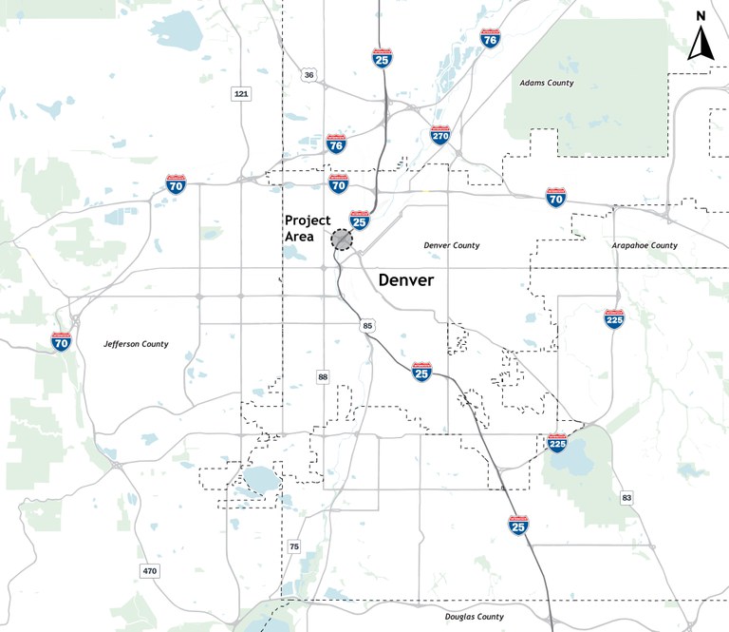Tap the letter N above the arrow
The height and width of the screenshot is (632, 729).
[x=701, y=16]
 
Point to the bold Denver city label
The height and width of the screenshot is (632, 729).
[x=406, y=280]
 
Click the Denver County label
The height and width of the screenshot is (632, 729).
[x=452, y=245]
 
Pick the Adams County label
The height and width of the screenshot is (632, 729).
[x=547, y=84]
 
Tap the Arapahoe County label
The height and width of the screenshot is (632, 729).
[x=645, y=245]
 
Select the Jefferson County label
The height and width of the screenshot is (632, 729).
[x=136, y=344]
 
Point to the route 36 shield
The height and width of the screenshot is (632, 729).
[x=309, y=74]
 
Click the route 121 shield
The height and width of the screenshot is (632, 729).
[x=241, y=93]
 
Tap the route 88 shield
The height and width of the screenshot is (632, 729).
[x=323, y=378]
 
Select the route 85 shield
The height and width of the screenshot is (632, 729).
[x=367, y=327]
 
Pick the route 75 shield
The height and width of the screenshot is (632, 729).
[x=294, y=546]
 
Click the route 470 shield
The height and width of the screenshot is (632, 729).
[x=149, y=571]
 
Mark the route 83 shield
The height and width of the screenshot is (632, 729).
[x=626, y=498]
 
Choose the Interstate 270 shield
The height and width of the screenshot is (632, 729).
[x=439, y=135]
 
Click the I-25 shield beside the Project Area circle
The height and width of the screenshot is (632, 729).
[x=359, y=220]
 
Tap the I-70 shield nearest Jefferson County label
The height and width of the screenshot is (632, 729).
[x=62, y=341]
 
